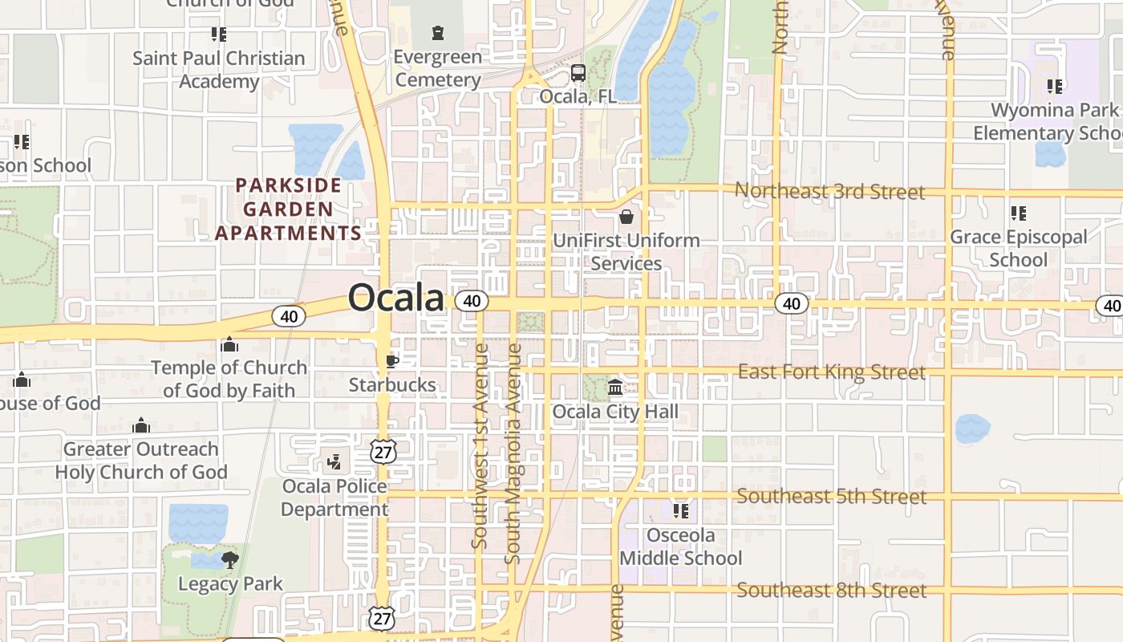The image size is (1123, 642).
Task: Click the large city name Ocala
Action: coord(395,298)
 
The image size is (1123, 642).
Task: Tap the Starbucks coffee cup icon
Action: coord(391,362)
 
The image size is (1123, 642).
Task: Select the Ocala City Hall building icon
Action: coord(615,388)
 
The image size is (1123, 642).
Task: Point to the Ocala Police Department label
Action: coord(334,498)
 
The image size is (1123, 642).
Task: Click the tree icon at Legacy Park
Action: coord(230,559)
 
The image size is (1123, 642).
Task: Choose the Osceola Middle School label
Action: coord(681,547)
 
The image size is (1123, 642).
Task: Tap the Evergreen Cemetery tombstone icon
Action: coord(437,33)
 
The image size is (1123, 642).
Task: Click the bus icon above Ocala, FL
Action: coord(578,73)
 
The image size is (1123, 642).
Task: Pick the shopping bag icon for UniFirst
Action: coord(626,217)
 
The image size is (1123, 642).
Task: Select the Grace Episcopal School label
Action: coord(1019,248)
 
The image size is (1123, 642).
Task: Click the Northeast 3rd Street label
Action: coord(829,192)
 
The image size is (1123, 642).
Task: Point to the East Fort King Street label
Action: coord(832,372)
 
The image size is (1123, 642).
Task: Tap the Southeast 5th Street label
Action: coord(832,497)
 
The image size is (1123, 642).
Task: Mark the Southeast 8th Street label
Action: coord(832,591)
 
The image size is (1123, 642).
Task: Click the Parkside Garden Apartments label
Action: coord(289,209)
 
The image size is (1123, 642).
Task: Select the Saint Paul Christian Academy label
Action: coord(218,70)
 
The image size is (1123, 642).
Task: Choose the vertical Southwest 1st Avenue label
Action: coord(480,445)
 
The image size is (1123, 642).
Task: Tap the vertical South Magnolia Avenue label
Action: coord(513,453)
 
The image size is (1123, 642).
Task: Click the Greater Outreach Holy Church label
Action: coord(141,461)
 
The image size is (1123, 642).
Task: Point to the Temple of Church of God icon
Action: coord(229,344)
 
